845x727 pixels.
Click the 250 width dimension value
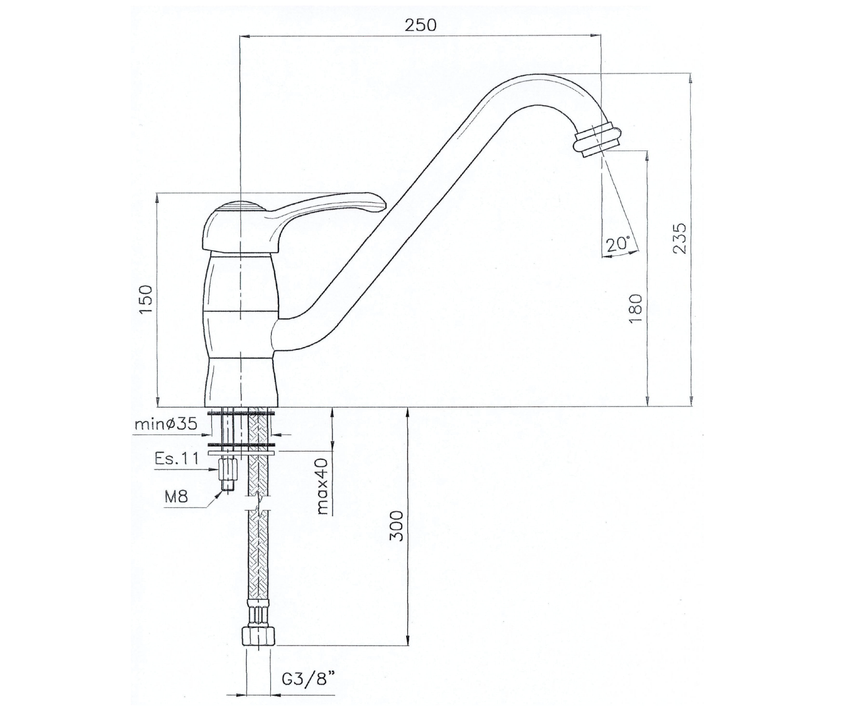pyautogui.click(x=421, y=25)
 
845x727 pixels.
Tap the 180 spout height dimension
pyautogui.click(x=637, y=309)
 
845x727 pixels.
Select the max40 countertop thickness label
pyautogui.click(x=323, y=486)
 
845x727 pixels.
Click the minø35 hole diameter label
pyautogui.click(x=166, y=424)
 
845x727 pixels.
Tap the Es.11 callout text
pyautogui.click(x=176, y=459)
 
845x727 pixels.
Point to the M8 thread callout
pyautogui.click(x=176, y=497)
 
